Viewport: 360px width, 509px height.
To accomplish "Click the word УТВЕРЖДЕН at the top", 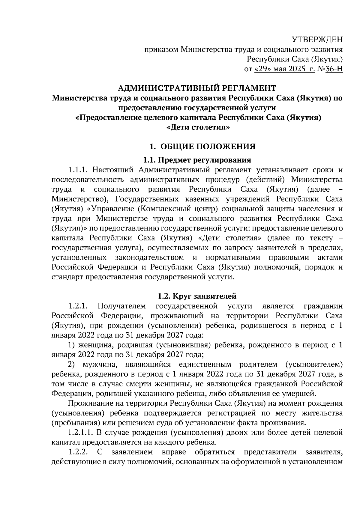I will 317,40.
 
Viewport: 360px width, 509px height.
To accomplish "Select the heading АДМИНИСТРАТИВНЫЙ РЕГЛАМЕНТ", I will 197,88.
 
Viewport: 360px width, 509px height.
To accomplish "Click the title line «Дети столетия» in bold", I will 198,127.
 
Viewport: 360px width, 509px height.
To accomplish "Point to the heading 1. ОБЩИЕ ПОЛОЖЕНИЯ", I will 202,147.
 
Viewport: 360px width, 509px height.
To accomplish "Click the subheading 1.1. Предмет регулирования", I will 197,160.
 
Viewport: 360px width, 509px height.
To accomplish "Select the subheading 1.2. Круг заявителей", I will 197,296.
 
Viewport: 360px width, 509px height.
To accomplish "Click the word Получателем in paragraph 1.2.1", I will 121,306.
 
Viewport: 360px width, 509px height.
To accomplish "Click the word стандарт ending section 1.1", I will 67,277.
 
